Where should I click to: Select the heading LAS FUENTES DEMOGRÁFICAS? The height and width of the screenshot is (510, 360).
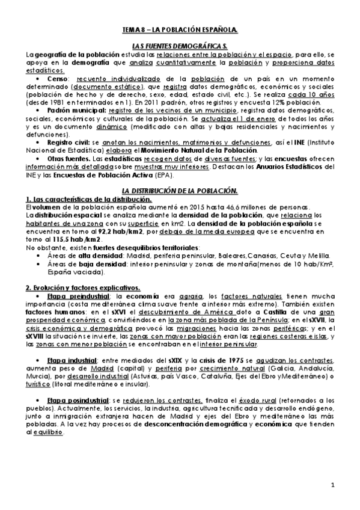coord(180,46)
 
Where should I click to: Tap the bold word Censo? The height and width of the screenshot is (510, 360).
coord(56,78)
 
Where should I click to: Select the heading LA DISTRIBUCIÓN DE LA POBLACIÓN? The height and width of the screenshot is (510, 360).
coord(180,191)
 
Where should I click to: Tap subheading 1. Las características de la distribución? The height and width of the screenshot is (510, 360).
coord(89,199)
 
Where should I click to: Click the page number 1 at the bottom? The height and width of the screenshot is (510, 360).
coord(332,485)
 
